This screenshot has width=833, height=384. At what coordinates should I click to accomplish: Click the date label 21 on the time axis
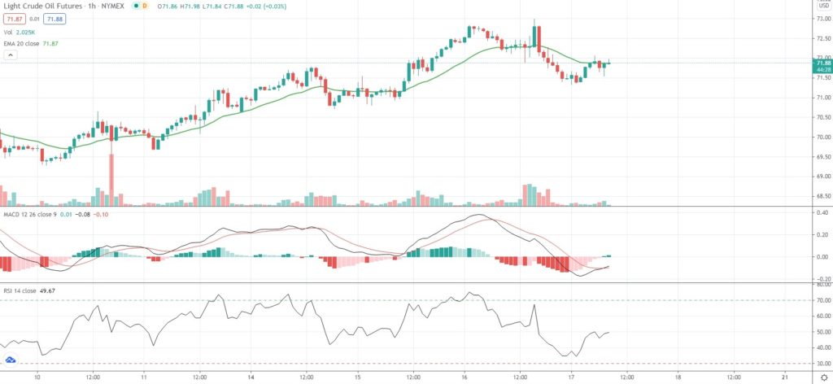(x=784, y=377)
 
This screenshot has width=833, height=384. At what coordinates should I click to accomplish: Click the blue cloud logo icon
(x=11, y=360)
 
